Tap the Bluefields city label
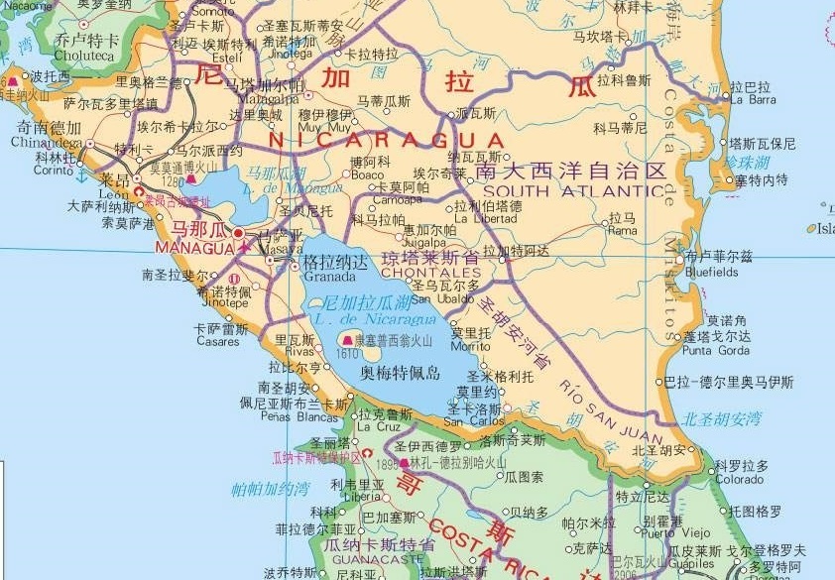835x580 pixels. (x=712, y=272)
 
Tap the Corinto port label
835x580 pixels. (x=54, y=171)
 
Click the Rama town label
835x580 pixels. (x=623, y=231)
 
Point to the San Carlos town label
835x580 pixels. (x=474, y=420)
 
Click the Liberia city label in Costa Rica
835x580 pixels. (x=363, y=497)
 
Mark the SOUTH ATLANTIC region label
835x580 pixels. (x=573, y=191)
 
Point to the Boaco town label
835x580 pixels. (x=367, y=174)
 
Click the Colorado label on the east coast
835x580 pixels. (x=740, y=480)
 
